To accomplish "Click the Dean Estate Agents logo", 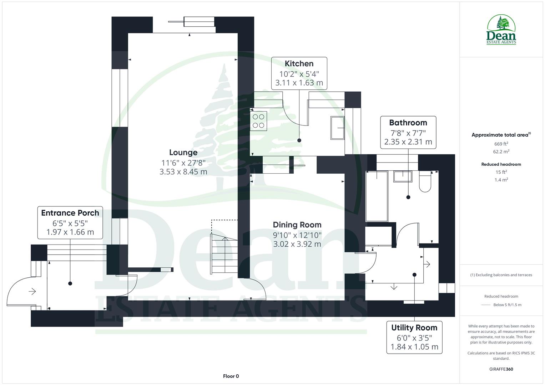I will coord(501,30).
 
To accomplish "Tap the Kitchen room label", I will coord(299,64).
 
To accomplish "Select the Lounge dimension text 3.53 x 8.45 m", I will coord(183,172).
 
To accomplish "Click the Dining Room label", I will coord(297,225).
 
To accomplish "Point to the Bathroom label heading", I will coord(408,123).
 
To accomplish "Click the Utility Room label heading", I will coord(414,328).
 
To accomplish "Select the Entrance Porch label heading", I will coord(70,213).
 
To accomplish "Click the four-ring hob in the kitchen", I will coord(258,121).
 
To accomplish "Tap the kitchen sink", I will coord(337,128).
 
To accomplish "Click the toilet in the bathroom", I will coord(425,182).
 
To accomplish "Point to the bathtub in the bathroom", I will coord(377,196).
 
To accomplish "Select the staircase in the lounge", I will coord(224,255).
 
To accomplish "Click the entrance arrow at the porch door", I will coord(32,292).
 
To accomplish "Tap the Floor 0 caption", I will coord(231,376).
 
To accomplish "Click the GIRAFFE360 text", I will coord(501,369).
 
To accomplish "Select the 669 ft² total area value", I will coord(501,144).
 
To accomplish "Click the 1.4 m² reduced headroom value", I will coord(501,180).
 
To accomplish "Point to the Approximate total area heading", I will coord(500,135).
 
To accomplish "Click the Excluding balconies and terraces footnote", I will coord(501,275).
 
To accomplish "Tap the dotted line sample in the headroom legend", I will coord(486,305).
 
